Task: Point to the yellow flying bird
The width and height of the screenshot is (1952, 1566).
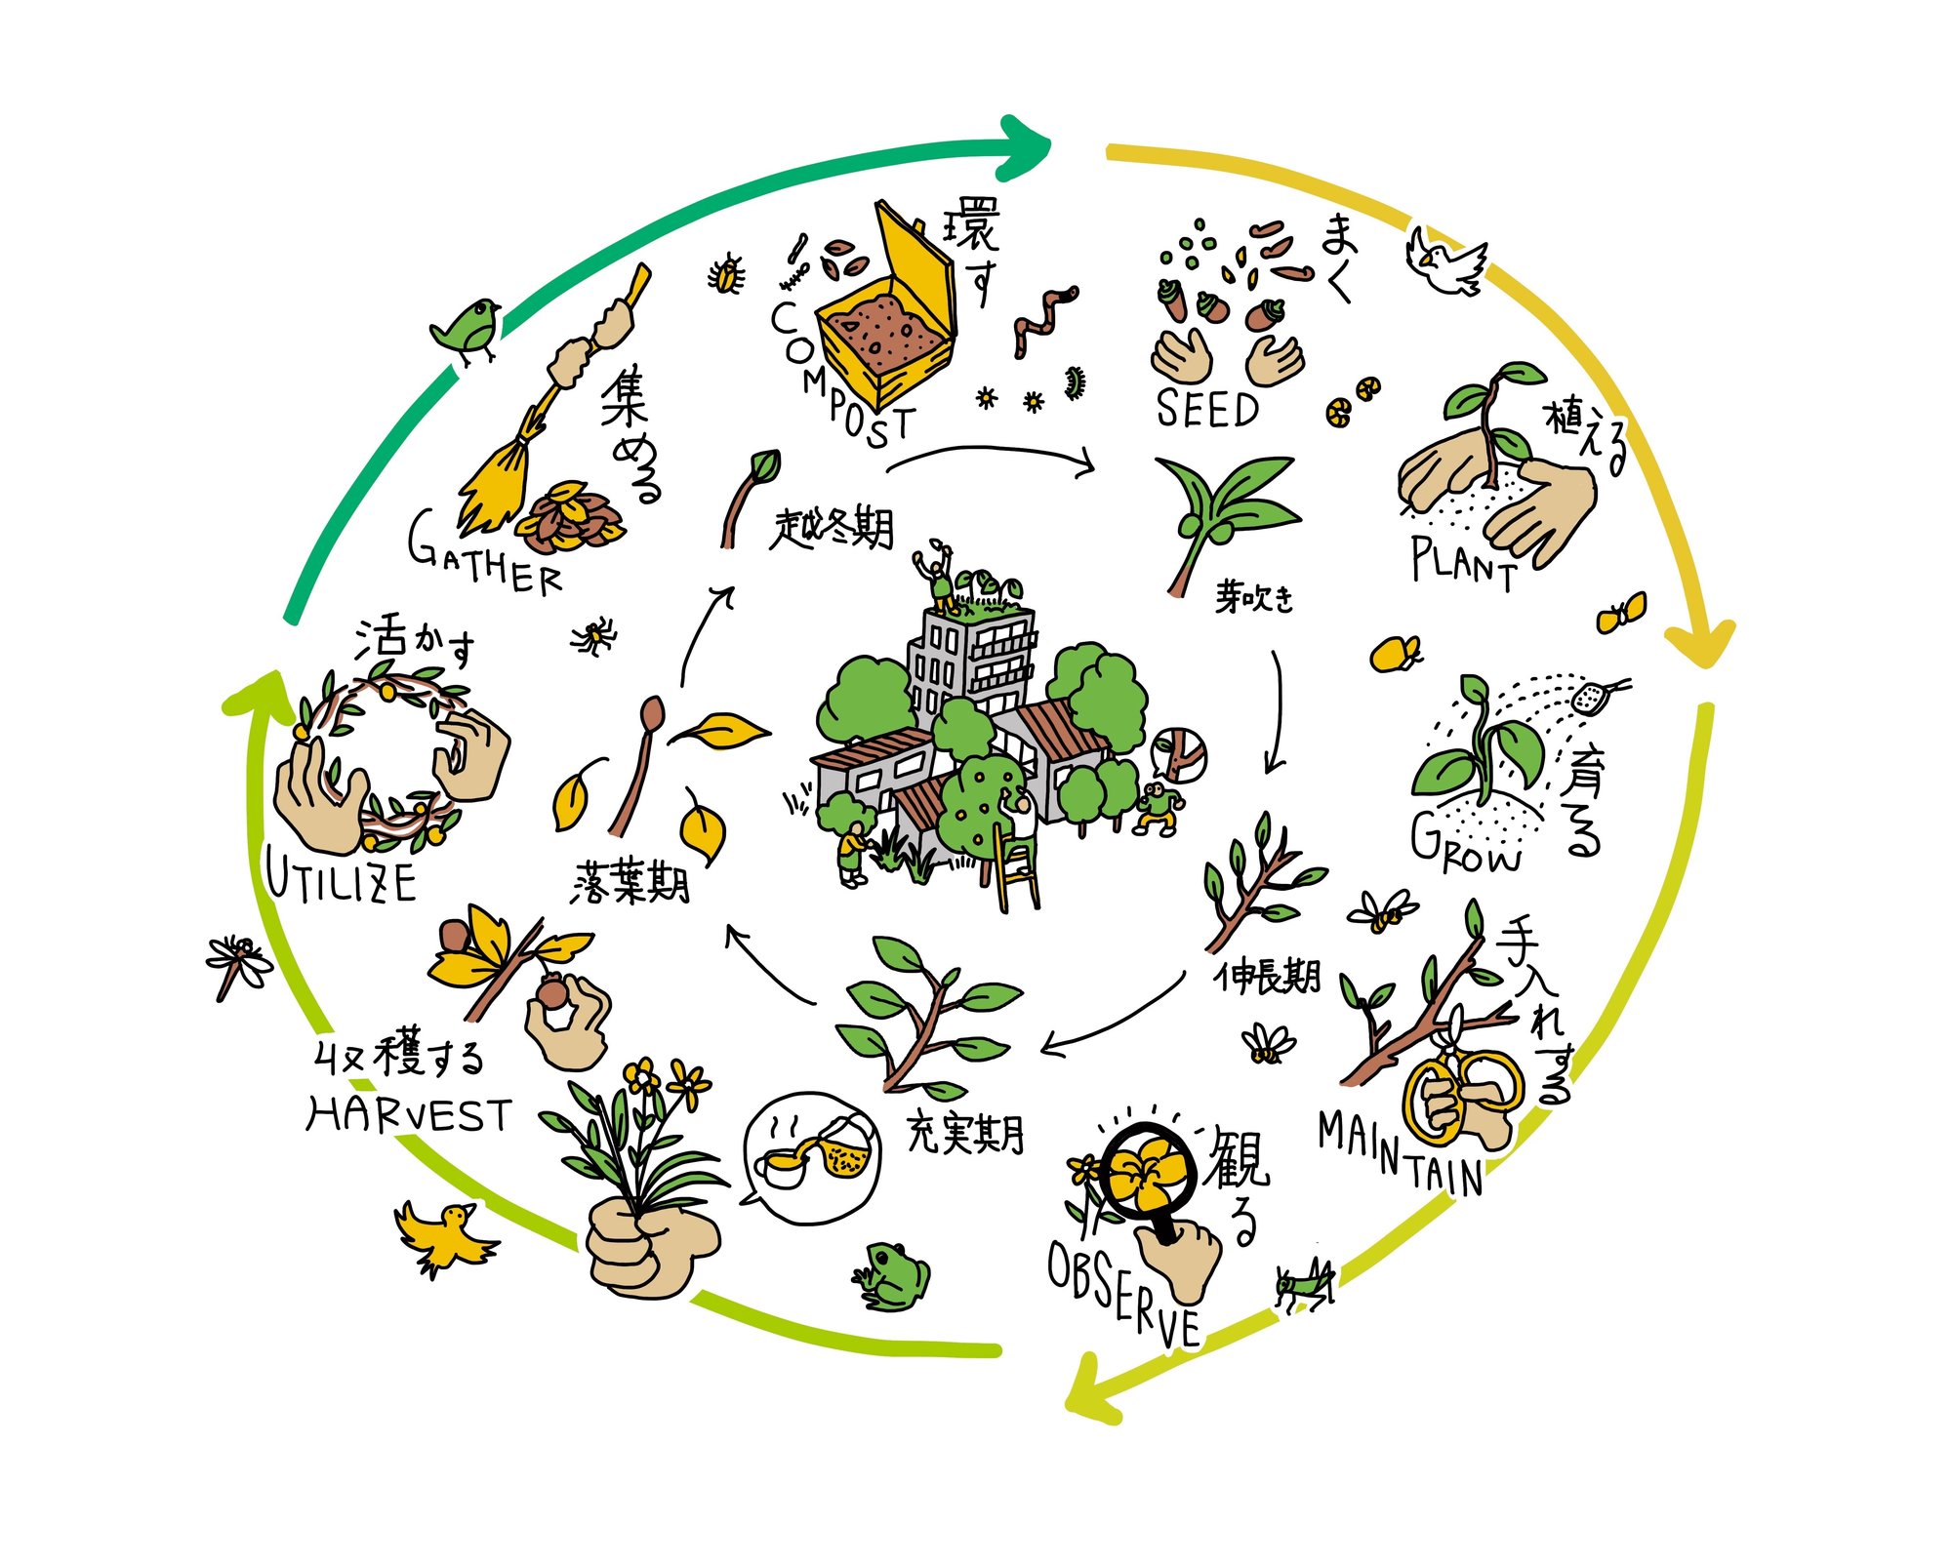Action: click(444, 1235)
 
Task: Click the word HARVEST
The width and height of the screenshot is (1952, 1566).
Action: click(409, 1115)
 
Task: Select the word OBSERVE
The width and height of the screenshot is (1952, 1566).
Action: click(1122, 1294)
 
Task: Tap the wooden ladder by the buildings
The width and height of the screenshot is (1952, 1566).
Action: click(1015, 868)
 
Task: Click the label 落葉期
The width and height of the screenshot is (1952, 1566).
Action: click(630, 883)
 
